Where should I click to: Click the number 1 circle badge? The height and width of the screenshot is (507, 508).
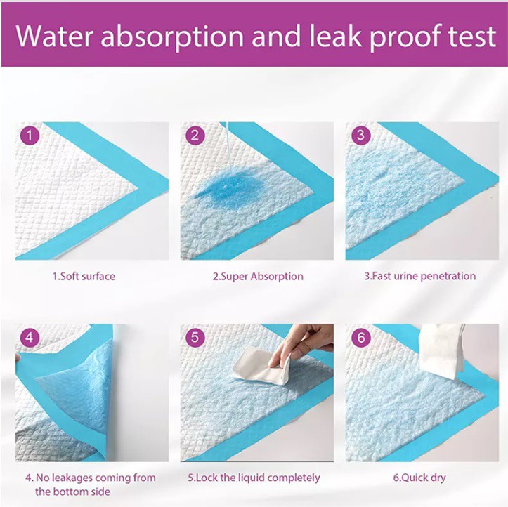[30, 135]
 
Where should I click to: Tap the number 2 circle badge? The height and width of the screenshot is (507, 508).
[195, 135]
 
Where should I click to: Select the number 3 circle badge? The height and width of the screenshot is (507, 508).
[361, 135]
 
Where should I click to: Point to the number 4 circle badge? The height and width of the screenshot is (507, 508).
[30, 338]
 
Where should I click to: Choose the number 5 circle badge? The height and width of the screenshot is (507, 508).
[195, 338]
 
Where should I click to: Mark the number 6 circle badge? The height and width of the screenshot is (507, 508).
[361, 338]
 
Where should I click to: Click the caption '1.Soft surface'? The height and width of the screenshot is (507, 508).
[84, 276]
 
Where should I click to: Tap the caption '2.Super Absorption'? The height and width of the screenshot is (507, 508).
[258, 276]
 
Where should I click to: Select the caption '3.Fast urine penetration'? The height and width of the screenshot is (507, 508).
[420, 276]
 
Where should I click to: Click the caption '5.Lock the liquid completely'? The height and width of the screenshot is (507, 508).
[254, 478]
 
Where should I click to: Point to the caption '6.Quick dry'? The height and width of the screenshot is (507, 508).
[419, 478]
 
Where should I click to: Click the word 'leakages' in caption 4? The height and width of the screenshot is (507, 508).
[72, 478]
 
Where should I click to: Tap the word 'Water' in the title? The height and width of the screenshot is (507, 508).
[55, 36]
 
